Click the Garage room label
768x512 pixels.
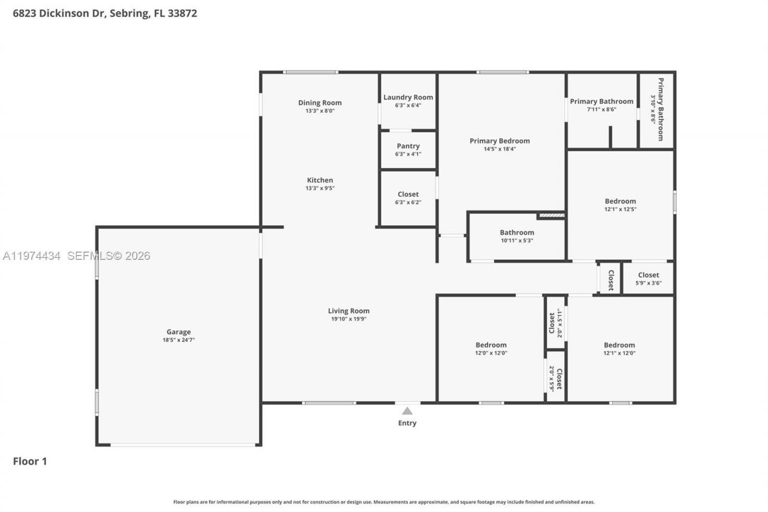click(x=178, y=332)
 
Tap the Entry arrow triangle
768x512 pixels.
click(x=407, y=411)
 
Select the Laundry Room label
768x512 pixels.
click(x=408, y=97)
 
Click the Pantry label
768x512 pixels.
click(x=408, y=146)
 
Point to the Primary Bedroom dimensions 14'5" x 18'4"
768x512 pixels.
click(x=499, y=149)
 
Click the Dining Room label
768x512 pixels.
click(x=320, y=103)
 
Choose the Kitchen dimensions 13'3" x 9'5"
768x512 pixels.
click(x=320, y=188)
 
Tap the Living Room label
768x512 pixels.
click(x=349, y=311)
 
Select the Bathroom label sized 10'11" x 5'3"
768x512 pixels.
click(x=517, y=232)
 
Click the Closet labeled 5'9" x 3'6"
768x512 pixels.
click(x=648, y=275)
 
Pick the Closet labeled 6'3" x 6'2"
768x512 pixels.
click(x=408, y=194)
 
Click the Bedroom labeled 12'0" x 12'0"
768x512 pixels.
click(x=491, y=345)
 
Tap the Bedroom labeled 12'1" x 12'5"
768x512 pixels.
click(x=620, y=201)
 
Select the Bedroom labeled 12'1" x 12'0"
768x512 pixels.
click(x=619, y=345)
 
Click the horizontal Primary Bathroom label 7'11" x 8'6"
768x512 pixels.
click(x=601, y=101)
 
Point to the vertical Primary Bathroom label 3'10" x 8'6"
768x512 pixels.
click(x=659, y=109)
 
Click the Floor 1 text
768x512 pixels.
click(x=30, y=461)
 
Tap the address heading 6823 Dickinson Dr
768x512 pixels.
click(x=105, y=13)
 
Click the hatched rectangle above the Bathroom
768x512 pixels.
click(x=551, y=215)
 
